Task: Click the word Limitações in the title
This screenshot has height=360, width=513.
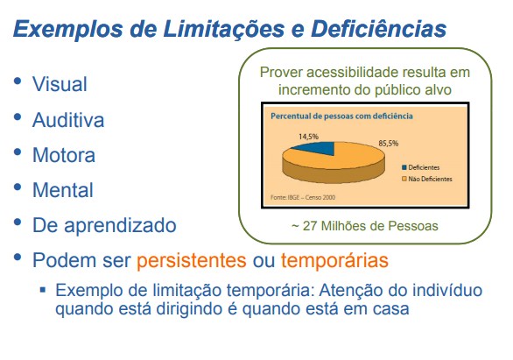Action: click(224, 29)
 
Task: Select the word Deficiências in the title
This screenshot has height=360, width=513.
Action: click(379, 28)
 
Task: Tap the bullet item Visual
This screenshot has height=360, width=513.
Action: click(60, 84)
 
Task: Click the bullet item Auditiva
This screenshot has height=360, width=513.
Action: click(68, 119)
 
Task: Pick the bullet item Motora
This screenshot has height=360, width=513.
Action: click(64, 155)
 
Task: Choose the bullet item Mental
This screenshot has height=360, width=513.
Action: click(63, 190)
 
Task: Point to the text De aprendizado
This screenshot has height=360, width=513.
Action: click(104, 226)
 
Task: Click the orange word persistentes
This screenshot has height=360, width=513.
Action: click(192, 260)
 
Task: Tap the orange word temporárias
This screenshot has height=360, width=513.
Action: click(334, 260)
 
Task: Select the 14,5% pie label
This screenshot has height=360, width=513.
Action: click(308, 137)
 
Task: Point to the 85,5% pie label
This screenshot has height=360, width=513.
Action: click(389, 144)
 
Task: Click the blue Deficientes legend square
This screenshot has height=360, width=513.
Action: click(404, 167)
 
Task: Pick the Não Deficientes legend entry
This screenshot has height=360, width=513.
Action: click(427, 179)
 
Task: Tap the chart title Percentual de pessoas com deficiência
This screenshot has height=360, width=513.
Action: click(341, 116)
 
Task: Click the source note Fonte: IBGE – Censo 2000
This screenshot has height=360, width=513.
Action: click(303, 197)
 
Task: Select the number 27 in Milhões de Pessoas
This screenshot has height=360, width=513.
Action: click(310, 226)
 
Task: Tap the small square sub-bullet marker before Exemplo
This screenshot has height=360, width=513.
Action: click(43, 290)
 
